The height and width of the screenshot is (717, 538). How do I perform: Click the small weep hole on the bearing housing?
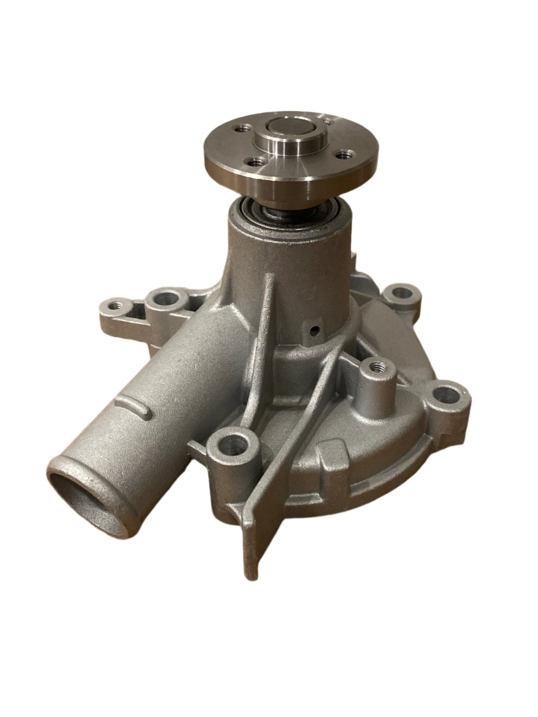(x=316, y=330)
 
